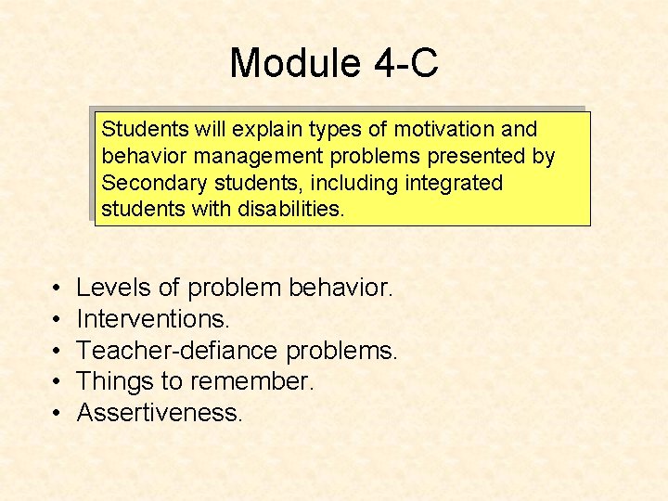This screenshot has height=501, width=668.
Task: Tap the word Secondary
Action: click(x=147, y=183)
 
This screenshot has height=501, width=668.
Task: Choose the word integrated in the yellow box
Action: click(x=453, y=183)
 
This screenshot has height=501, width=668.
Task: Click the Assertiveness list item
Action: click(x=160, y=411)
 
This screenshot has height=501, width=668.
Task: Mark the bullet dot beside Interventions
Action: click(x=57, y=320)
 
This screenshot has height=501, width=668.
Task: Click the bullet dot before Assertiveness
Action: click(x=57, y=412)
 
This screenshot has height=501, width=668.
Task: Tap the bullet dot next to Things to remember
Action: click(x=57, y=381)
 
